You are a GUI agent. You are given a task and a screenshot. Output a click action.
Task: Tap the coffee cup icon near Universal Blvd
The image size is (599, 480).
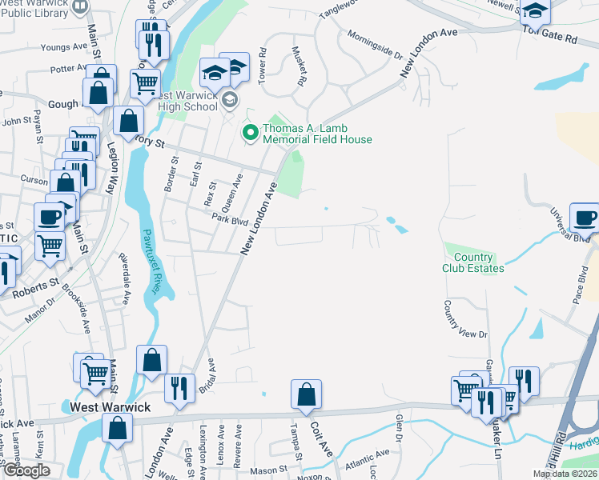[x=584, y=217]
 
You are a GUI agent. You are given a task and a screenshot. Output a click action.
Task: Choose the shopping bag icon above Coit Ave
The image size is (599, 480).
[x=306, y=394]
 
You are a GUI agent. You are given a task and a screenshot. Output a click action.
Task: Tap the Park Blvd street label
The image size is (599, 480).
[x=231, y=219]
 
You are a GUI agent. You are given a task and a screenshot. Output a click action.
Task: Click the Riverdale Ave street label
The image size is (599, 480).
[x=124, y=279]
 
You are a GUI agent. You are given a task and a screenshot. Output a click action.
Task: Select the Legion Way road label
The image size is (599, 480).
[x=111, y=167]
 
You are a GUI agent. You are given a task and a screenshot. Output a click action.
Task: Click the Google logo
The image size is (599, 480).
[x=26, y=470]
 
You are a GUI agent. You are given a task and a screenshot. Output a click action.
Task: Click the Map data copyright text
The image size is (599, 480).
[x=564, y=474]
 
